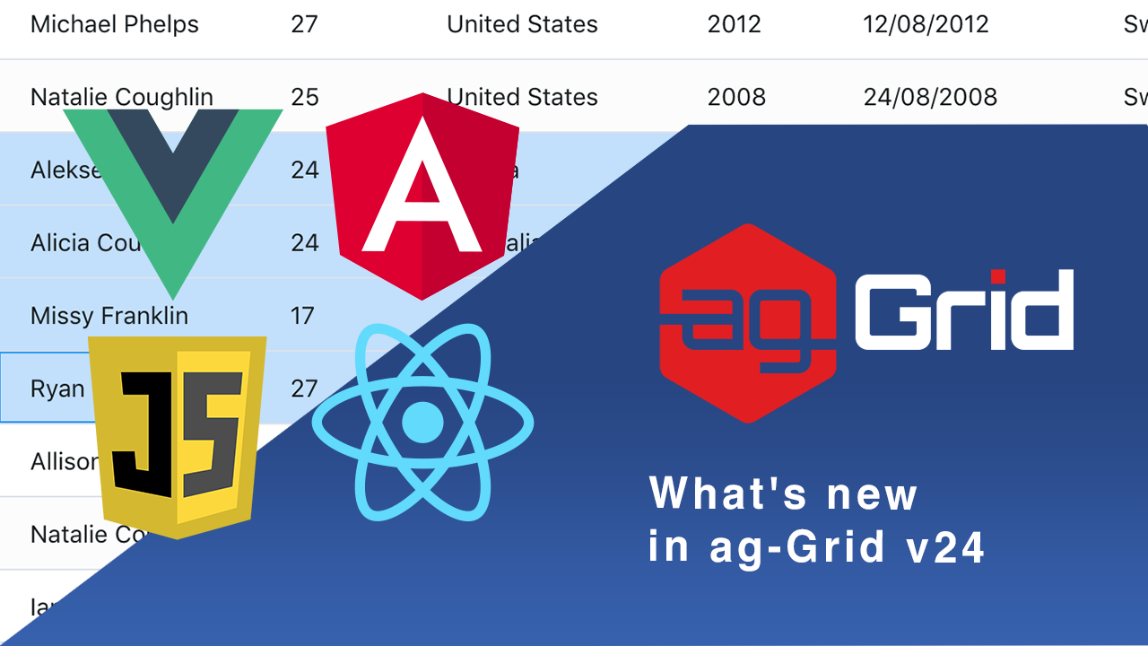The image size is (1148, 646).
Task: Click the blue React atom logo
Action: [422, 423]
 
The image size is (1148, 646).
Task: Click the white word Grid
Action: [963, 310]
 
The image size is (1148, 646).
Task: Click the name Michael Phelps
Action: [115, 24]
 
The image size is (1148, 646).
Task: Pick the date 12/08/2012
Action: [926, 24]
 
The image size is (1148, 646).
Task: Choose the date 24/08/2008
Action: [930, 97]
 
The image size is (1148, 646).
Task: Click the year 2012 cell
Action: [734, 24]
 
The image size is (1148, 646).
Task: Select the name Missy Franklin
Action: [109, 316]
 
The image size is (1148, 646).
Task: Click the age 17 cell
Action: [302, 316]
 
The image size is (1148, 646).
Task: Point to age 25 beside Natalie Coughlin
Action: [305, 97]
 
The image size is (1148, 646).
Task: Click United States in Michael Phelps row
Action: [522, 24]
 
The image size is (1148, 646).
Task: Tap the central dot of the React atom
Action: [422, 423]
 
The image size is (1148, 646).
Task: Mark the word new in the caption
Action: [872, 493]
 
